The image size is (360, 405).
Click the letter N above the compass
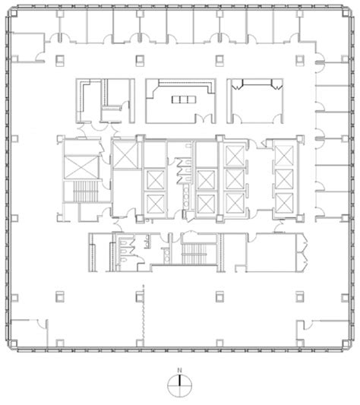tap(180, 370)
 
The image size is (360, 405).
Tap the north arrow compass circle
tap(180, 385)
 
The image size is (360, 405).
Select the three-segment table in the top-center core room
tap(184, 100)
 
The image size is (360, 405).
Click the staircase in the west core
tap(86, 191)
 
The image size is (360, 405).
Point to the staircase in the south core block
tap(194, 254)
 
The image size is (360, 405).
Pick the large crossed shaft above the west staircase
tap(81, 167)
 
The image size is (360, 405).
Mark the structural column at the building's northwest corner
tap(14, 14)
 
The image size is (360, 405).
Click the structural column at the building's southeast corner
tap(346, 343)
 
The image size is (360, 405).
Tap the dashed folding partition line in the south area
tap(144, 312)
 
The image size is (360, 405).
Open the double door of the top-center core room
tap(205, 119)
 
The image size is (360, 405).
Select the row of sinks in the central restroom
tap(186, 197)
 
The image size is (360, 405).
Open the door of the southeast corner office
tap(308, 325)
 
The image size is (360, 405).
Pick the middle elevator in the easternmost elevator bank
tap(284, 179)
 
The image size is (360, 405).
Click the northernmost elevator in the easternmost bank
tap(284, 156)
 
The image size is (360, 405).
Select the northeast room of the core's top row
tap(255, 101)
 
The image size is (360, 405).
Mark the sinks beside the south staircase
tap(166, 255)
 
